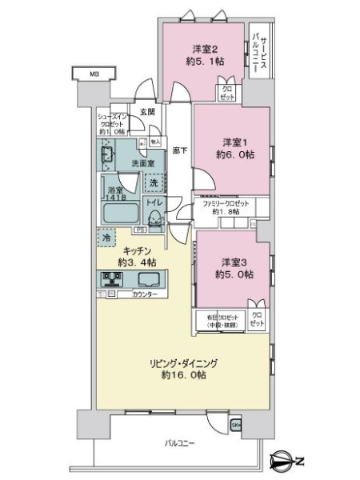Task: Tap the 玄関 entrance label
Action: point(146,112)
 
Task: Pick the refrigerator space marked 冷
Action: point(106,238)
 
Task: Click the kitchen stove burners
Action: point(111,279)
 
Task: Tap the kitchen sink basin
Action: point(148,279)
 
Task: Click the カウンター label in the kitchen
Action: point(145,294)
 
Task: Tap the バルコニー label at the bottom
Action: point(179,442)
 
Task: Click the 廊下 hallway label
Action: point(180,150)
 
